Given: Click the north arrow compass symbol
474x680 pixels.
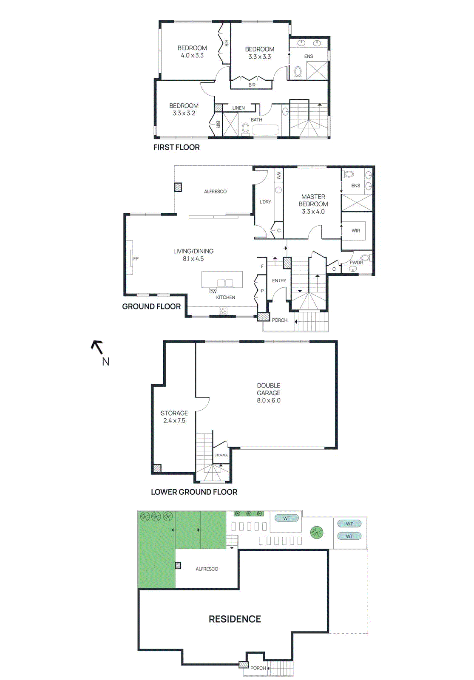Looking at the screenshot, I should click(x=97, y=347).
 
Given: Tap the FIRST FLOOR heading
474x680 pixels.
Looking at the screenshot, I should click(x=176, y=147).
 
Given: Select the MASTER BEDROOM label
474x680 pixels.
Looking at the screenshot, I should click(x=313, y=200).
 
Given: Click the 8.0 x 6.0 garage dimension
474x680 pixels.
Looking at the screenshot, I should click(x=269, y=400).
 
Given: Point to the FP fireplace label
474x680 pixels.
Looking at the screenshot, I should click(x=136, y=258).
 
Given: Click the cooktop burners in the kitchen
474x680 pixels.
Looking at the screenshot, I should click(x=223, y=311).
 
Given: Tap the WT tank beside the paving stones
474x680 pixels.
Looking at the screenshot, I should click(x=287, y=518).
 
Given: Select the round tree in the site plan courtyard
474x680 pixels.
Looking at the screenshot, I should click(x=317, y=533).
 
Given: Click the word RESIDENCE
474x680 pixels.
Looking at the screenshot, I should click(x=235, y=619).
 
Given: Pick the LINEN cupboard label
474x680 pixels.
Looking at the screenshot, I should click(x=238, y=108).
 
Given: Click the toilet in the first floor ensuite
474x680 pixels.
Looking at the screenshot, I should click(x=298, y=72).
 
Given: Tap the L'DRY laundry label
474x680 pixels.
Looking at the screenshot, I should click(x=265, y=202).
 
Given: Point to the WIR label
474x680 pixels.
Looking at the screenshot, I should click(x=356, y=231).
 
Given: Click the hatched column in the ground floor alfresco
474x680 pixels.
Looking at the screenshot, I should click(x=178, y=187).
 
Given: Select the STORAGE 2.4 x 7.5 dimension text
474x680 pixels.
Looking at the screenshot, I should click(x=174, y=421).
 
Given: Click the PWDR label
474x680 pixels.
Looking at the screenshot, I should click(x=356, y=263).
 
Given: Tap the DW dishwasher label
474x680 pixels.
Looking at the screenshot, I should click(x=213, y=292).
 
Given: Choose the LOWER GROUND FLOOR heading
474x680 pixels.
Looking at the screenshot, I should click(x=194, y=492).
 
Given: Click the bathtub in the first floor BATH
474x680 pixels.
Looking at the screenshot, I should click(x=265, y=130).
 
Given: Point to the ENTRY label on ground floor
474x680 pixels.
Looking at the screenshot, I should click(x=279, y=280).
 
